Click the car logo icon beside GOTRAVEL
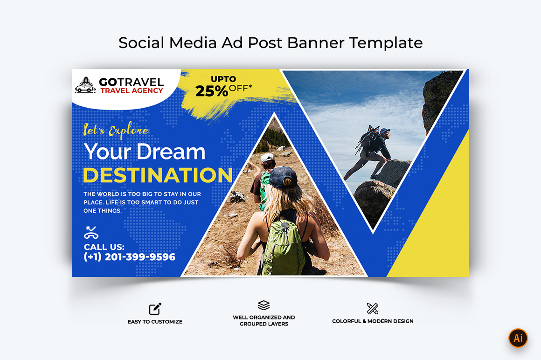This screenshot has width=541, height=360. pos(85,85)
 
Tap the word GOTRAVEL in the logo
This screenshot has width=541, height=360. pos(131,82)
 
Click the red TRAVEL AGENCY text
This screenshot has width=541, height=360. pos(132,90)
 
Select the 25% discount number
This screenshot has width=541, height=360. pos(211,91)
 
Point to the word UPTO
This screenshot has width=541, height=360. pos(223,79)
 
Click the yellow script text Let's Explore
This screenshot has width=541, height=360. pos(116,130)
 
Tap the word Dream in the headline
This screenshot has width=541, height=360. pos(171,152)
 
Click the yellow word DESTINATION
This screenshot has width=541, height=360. pos(158,175)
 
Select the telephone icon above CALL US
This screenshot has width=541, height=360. pos(91,233)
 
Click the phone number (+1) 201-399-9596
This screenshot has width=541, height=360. pos(129,257)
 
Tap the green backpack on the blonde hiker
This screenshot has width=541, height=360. pos(283,247)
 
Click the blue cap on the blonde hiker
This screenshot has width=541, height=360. pos(283,177)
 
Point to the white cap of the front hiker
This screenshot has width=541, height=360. pos(266,158)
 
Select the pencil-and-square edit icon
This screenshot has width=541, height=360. pos(155,309)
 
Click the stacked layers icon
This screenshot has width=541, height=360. pos(264,305)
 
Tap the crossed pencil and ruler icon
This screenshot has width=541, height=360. pos(373,308)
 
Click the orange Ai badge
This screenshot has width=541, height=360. pos(518,338)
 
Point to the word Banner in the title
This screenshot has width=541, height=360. pos(316,43)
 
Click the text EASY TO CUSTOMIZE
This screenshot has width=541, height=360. pos(155,322)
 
